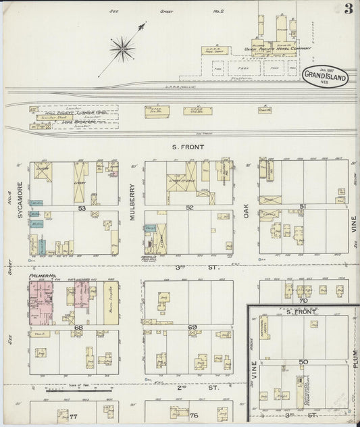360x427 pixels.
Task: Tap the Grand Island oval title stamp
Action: [x=326, y=76]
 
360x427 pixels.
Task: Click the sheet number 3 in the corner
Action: [x=348, y=9]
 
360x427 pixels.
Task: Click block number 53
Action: [x=82, y=208]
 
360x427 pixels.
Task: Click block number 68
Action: [x=78, y=327]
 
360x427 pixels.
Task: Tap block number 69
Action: [x=192, y=327]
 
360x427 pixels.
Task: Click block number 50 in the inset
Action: [x=303, y=362]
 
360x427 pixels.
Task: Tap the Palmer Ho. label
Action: [x=41, y=276]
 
